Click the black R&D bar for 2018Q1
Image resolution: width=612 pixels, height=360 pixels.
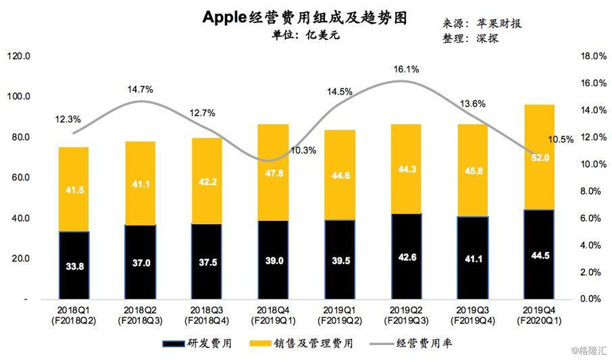[73, 265]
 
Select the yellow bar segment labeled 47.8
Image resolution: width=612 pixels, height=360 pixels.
[272, 172]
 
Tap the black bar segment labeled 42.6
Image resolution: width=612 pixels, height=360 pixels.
[405, 256]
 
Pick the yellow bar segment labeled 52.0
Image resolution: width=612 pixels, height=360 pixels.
[538, 157]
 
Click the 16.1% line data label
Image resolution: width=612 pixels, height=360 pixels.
[406, 69]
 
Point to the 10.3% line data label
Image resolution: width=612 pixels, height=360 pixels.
[303, 150]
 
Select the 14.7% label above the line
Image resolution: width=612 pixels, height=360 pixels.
[140, 89]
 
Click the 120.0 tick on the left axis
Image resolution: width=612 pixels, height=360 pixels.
[18, 56]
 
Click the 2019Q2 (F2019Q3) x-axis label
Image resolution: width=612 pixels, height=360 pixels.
[405, 315]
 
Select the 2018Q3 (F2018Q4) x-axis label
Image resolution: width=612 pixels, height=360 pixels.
[206, 315]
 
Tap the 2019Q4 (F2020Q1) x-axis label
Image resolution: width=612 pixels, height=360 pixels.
[538, 315]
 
